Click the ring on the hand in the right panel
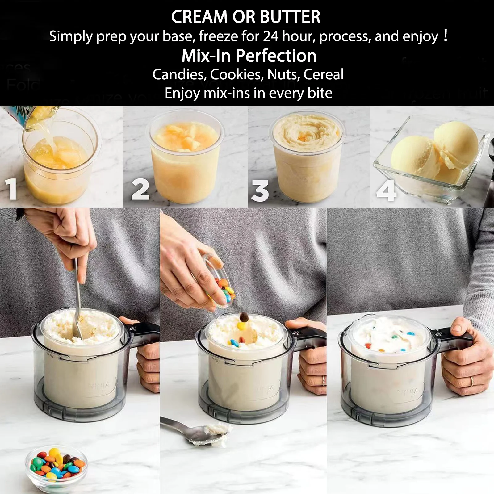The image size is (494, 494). pos(472,381)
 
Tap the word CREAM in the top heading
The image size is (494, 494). pos(199,17)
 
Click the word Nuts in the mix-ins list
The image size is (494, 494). pos(283,74)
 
